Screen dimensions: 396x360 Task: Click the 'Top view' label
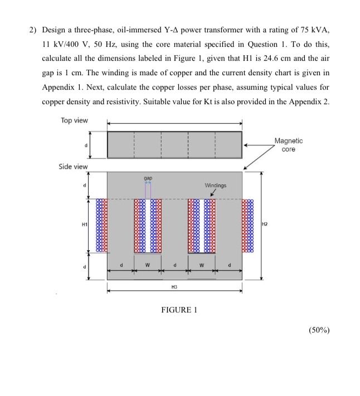(x=74, y=120)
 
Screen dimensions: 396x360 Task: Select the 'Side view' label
(x=73, y=167)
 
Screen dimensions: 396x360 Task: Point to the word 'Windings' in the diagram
(x=216, y=185)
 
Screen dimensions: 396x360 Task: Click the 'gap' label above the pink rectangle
(x=148, y=179)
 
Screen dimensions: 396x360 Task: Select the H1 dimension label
(x=85, y=225)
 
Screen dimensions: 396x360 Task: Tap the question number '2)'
(x=33, y=28)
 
